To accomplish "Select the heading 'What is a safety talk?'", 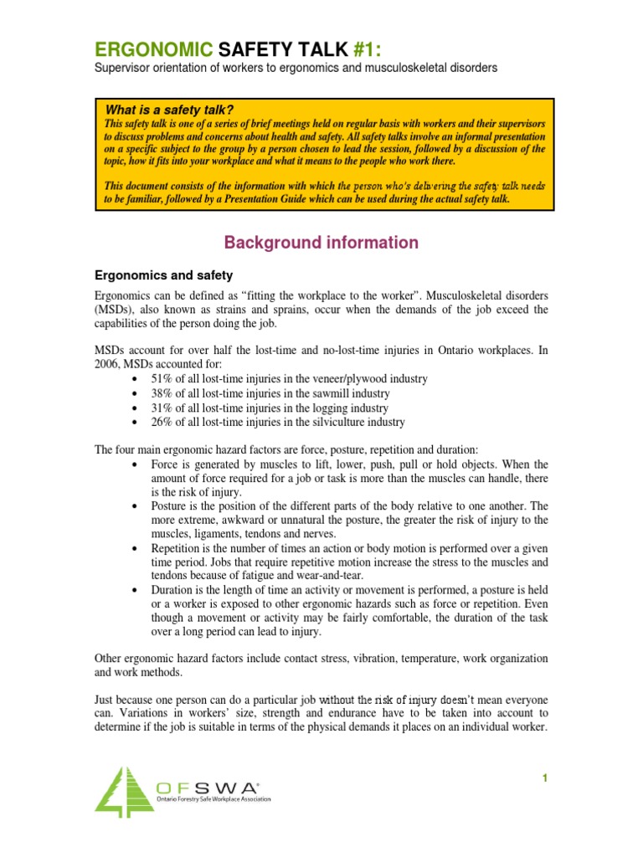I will pyautogui.click(x=168, y=110).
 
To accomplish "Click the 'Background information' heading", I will pyautogui.click(x=321, y=243).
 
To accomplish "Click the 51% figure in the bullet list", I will pyautogui.click(x=162, y=379).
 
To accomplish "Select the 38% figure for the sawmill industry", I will pyautogui.click(x=162, y=393).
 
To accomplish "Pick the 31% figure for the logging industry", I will pyautogui.click(x=162, y=408).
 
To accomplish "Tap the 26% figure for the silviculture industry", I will pyautogui.click(x=162, y=422).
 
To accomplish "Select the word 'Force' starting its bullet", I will pyautogui.click(x=166, y=464).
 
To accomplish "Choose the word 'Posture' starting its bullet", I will pyautogui.click(x=171, y=507).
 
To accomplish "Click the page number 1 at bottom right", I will pyautogui.click(x=543, y=778).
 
